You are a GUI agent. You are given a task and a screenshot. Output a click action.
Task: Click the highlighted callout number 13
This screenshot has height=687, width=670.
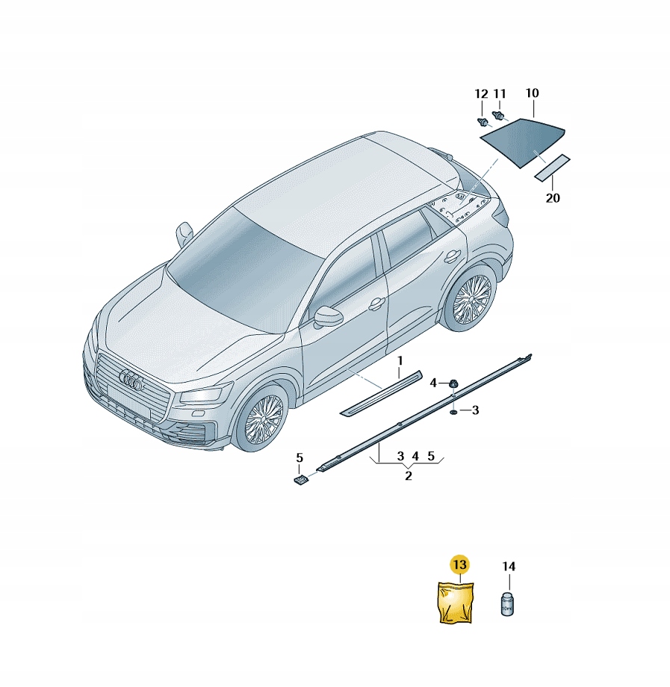460,564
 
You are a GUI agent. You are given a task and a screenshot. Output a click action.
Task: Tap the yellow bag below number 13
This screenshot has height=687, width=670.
456,602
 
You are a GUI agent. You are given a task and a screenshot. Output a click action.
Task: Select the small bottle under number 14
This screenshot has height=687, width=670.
507,604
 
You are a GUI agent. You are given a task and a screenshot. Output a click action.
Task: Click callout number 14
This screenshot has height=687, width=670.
509,567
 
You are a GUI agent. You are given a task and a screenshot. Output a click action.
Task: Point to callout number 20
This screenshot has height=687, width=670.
553,198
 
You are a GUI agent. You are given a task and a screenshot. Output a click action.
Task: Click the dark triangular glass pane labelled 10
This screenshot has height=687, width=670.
522,141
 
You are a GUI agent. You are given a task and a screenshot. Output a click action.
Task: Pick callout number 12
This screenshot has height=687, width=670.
481,93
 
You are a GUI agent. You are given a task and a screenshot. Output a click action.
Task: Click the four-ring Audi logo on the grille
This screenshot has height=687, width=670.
131,380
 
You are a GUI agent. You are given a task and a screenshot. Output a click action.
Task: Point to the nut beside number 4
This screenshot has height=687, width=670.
452,383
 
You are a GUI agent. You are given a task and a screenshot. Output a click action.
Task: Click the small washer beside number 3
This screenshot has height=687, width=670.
453,412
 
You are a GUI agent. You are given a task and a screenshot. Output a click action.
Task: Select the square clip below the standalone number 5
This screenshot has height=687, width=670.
300,480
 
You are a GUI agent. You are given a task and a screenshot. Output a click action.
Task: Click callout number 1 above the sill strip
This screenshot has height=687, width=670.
400,361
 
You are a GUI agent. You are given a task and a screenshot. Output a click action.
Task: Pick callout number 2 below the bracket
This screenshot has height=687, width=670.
408,475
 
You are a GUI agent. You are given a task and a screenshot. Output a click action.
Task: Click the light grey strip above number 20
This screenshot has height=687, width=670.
552,167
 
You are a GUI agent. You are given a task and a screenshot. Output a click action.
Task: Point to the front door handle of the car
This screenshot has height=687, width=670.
376,304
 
